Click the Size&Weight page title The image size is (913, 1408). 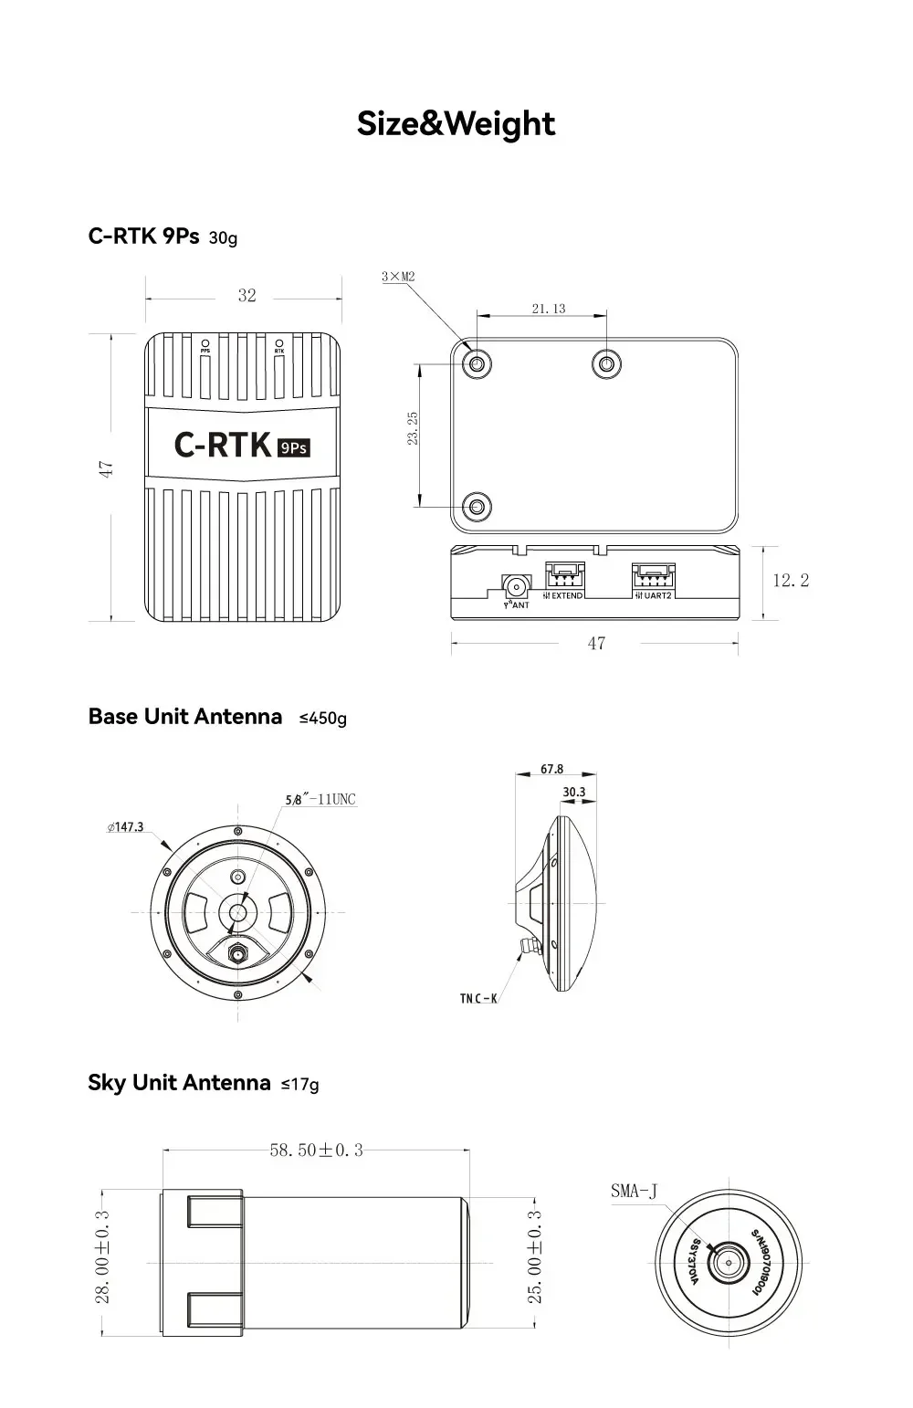coord(456,124)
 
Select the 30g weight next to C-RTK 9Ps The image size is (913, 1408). coord(223,238)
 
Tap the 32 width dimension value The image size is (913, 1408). coord(247,296)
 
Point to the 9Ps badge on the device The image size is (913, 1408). coord(294,447)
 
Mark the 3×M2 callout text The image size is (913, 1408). coord(399,276)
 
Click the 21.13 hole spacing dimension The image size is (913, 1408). coord(549,309)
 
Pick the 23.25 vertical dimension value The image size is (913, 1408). coord(413,427)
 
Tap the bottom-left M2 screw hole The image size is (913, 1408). coord(477,505)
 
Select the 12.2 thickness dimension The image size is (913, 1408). coord(791,580)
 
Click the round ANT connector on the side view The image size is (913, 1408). coord(517,584)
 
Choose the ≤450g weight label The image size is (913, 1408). coord(323,719)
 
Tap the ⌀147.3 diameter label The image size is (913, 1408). coord(126,827)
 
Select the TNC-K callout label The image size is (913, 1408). coord(478,998)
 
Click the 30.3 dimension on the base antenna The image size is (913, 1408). coord(574,793)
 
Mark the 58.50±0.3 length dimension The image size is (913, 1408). coord(316,1151)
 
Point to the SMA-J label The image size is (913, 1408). coord(634,1191)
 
